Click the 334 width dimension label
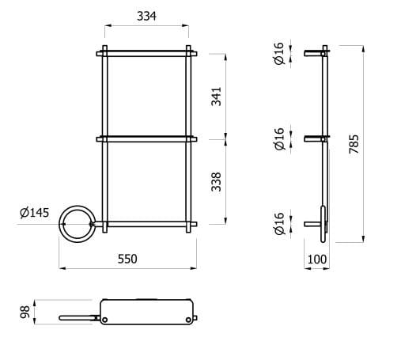point(146,16)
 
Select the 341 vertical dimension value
point(217,96)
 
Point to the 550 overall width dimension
point(128,259)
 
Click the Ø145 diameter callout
point(34,212)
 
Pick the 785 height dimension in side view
point(354,144)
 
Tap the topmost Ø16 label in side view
point(278,54)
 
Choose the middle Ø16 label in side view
point(278,140)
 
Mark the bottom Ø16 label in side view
point(278,225)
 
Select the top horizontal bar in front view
point(146,54)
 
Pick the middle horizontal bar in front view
point(146,139)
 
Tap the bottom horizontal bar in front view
point(146,225)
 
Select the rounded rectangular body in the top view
point(147,311)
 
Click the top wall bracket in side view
point(315,54)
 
